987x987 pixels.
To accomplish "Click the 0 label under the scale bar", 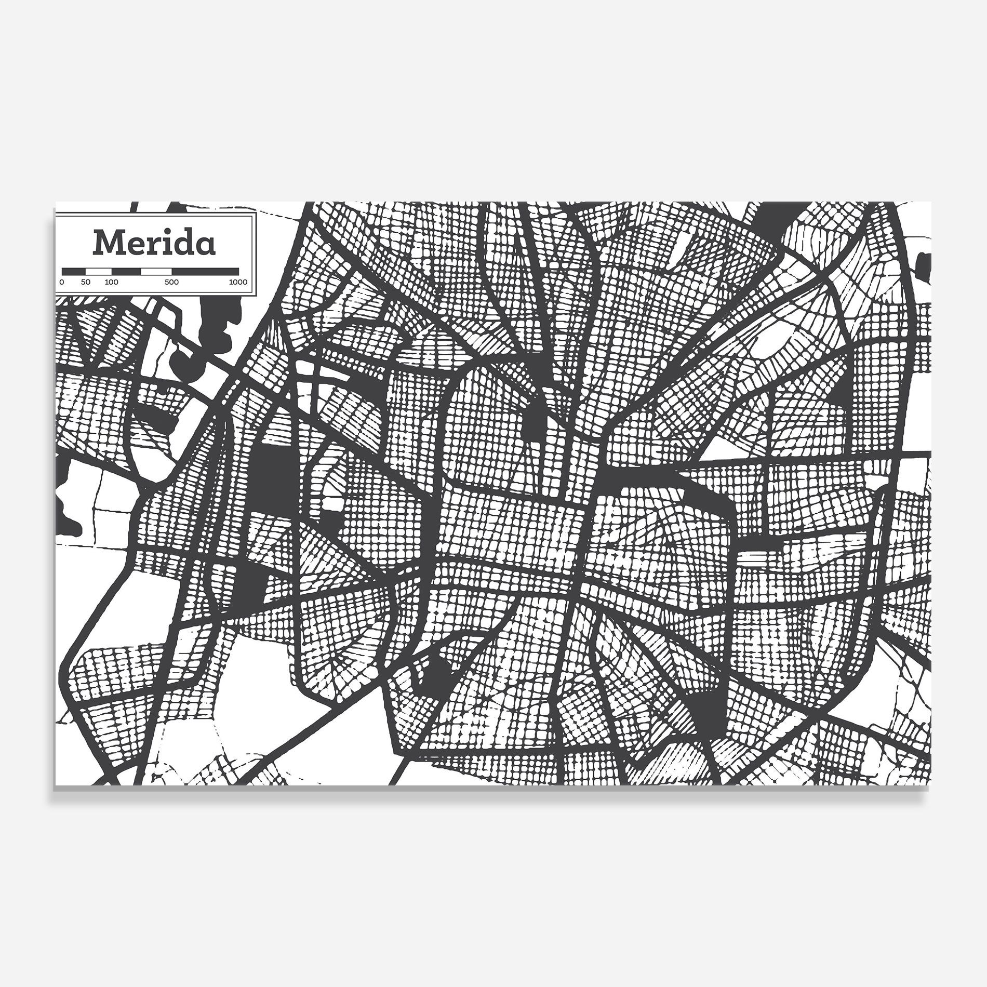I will click(62, 282).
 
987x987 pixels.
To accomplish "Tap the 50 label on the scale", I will click(86, 282).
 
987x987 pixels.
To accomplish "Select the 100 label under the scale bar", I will click(112, 282).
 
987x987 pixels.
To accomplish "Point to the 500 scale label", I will click(171, 282).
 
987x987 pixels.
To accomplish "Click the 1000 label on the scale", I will click(238, 282).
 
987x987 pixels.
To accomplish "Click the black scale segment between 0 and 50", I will click(73, 272).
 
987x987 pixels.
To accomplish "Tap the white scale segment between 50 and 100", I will click(99, 272).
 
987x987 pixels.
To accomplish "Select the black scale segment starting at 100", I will click(126, 272).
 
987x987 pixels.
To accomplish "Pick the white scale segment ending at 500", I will click(156, 272).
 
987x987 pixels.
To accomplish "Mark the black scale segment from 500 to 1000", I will click(205, 272).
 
